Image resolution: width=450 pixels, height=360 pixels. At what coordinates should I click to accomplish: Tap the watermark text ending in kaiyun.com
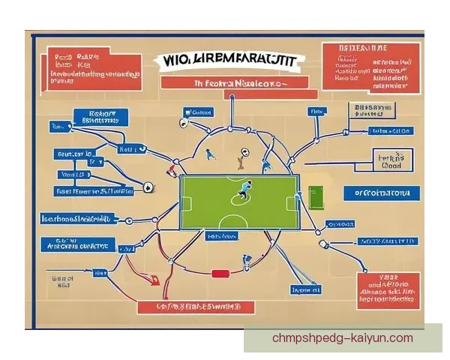(x=342, y=338)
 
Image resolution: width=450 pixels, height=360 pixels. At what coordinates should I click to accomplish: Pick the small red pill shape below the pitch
(x=220, y=274)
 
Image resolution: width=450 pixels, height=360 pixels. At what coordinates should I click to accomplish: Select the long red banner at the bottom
(x=196, y=307)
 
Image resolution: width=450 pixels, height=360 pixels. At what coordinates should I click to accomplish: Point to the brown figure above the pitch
(x=241, y=157)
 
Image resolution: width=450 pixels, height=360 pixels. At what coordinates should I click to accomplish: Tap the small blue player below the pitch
(x=246, y=262)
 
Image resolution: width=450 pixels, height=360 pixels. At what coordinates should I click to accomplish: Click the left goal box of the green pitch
(x=186, y=202)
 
